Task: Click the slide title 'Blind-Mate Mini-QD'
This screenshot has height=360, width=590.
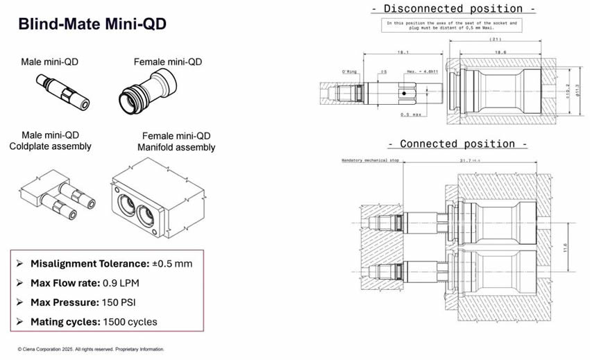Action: click(x=92, y=25)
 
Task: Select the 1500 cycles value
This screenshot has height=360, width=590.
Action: click(x=130, y=322)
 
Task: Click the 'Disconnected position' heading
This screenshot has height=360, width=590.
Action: click(x=454, y=8)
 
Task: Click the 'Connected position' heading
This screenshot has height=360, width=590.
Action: click(x=458, y=144)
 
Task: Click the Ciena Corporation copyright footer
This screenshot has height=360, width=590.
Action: click(x=91, y=349)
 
